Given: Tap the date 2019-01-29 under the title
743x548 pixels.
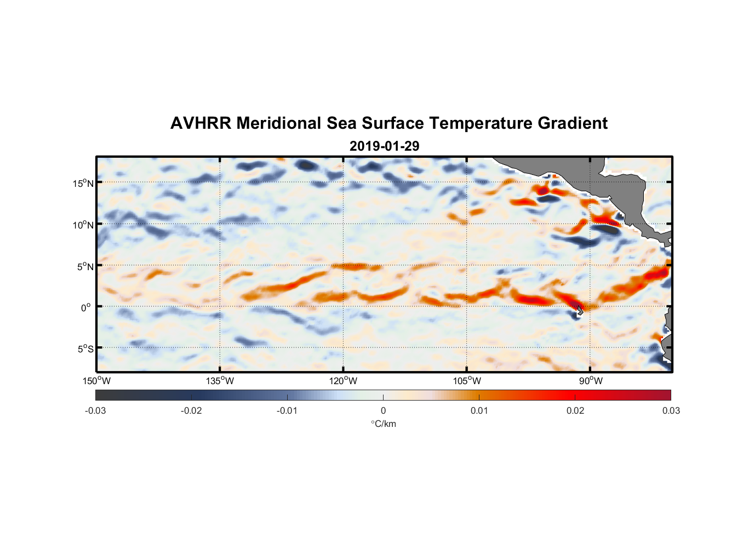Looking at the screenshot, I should [384, 146].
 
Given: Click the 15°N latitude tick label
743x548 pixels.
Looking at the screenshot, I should [83, 183].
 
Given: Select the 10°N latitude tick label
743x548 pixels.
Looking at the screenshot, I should [83, 225].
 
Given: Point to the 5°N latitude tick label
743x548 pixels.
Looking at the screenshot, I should [85, 266].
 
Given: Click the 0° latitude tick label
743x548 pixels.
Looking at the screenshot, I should [87, 307].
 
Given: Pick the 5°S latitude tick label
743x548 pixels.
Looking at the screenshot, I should [85, 349].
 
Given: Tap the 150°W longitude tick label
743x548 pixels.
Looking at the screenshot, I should [96, 381].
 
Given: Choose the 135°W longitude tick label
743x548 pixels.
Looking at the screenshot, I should [220, 381].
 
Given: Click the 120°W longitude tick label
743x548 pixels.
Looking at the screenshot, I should [343, 381].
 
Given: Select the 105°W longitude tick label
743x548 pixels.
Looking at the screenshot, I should [467, 381].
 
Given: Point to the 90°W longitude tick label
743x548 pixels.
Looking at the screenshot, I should [591, 381].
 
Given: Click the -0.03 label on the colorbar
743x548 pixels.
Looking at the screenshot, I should [95, 411].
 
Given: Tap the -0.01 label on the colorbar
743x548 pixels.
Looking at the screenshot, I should [287, 411].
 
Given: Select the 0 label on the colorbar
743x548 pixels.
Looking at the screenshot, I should [383, 411].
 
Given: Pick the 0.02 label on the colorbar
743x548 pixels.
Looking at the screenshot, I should [575, 411].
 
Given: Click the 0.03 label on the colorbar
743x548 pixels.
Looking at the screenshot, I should [671, 411].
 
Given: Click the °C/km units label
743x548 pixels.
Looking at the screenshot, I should [384, 424].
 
